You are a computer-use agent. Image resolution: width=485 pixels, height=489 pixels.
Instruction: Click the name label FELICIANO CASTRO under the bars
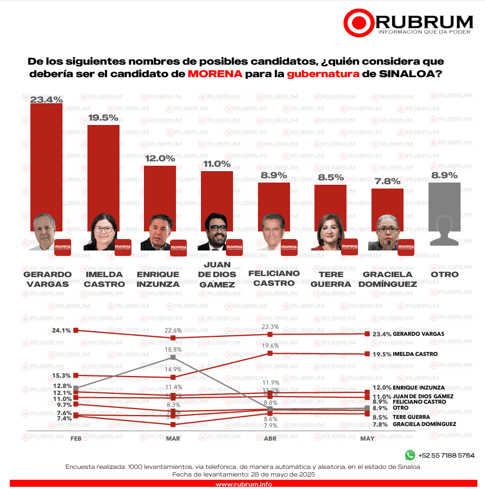point(273,278)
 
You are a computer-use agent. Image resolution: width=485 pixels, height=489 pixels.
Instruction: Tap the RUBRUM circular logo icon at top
point(358,22)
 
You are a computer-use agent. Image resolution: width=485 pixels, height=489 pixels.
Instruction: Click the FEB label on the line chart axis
point(75,438)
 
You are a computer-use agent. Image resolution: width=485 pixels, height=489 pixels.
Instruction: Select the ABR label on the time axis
point(270,438)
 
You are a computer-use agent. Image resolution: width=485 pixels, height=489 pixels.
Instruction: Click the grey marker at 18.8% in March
point(173,357)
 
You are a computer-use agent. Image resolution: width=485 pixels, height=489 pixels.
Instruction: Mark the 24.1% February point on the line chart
point(76,330)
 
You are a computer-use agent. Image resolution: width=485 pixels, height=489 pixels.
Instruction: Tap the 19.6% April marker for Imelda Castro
point(270,353)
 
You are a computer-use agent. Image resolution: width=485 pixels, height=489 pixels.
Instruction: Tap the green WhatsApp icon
point(410,455)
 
